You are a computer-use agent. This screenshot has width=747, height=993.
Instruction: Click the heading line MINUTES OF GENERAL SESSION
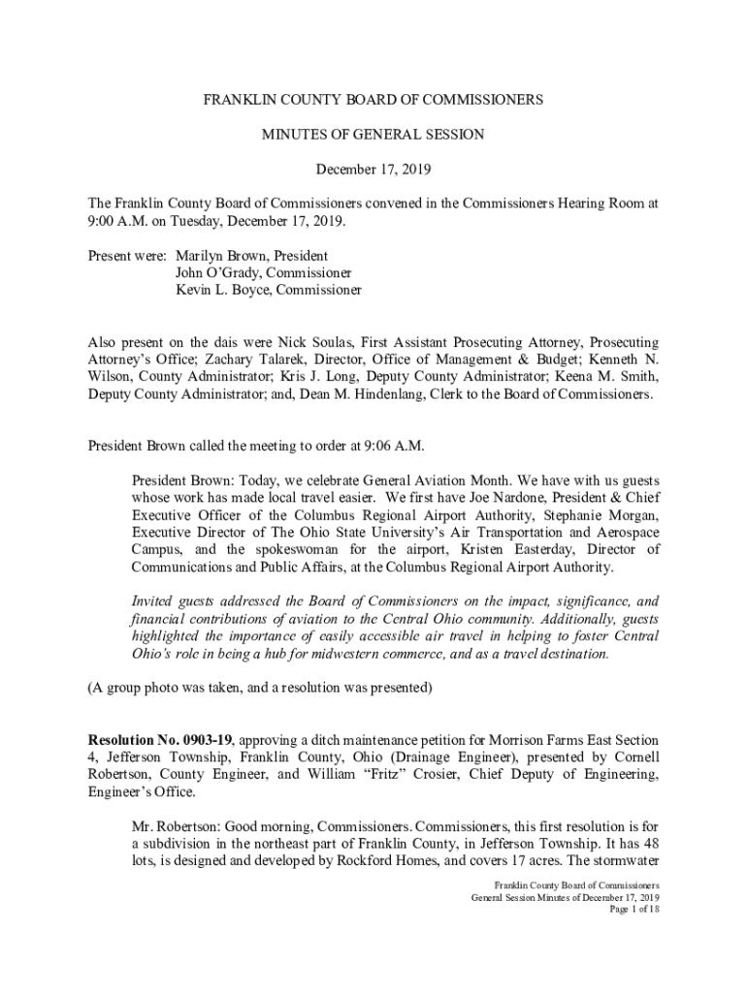point(373,135)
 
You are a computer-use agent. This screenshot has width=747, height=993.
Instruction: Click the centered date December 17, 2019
point(373,170)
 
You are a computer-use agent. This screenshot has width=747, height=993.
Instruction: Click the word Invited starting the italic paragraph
point(153,601)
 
